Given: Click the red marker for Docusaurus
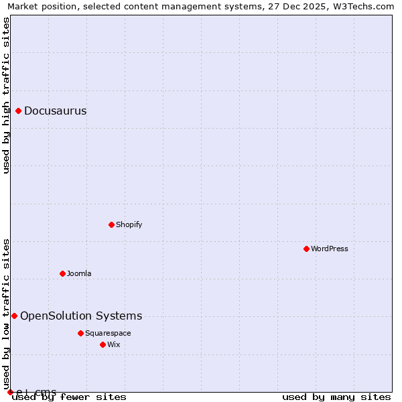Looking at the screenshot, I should (x=19, y=111).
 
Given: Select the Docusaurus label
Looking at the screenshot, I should (x=55, y=111).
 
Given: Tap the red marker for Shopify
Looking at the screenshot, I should (x=111, y=224).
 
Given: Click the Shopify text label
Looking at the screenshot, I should (x=129, y=225).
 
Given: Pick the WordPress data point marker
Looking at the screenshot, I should (x=306, y=249).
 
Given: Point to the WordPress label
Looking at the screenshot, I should (x=329, y=249).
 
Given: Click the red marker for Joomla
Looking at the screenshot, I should (x=62, y=273).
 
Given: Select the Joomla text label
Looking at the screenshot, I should (x=79, y=274).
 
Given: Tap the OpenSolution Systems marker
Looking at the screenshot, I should (x=14, y=316).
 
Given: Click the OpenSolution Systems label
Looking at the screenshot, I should (x=81, y=316).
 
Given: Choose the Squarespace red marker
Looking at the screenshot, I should (x=80, y=333).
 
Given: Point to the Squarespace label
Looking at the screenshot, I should (x=108, y=334).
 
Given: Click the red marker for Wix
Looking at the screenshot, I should (x=103, y=344).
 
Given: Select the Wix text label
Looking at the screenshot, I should (x=113, y=345).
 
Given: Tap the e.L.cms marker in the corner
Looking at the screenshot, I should (x=10, y=392).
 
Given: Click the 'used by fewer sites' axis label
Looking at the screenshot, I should (x=69, y=397).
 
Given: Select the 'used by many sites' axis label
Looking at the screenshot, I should (x=336, y=397).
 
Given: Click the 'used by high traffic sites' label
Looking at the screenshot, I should (x=6, y=95).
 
